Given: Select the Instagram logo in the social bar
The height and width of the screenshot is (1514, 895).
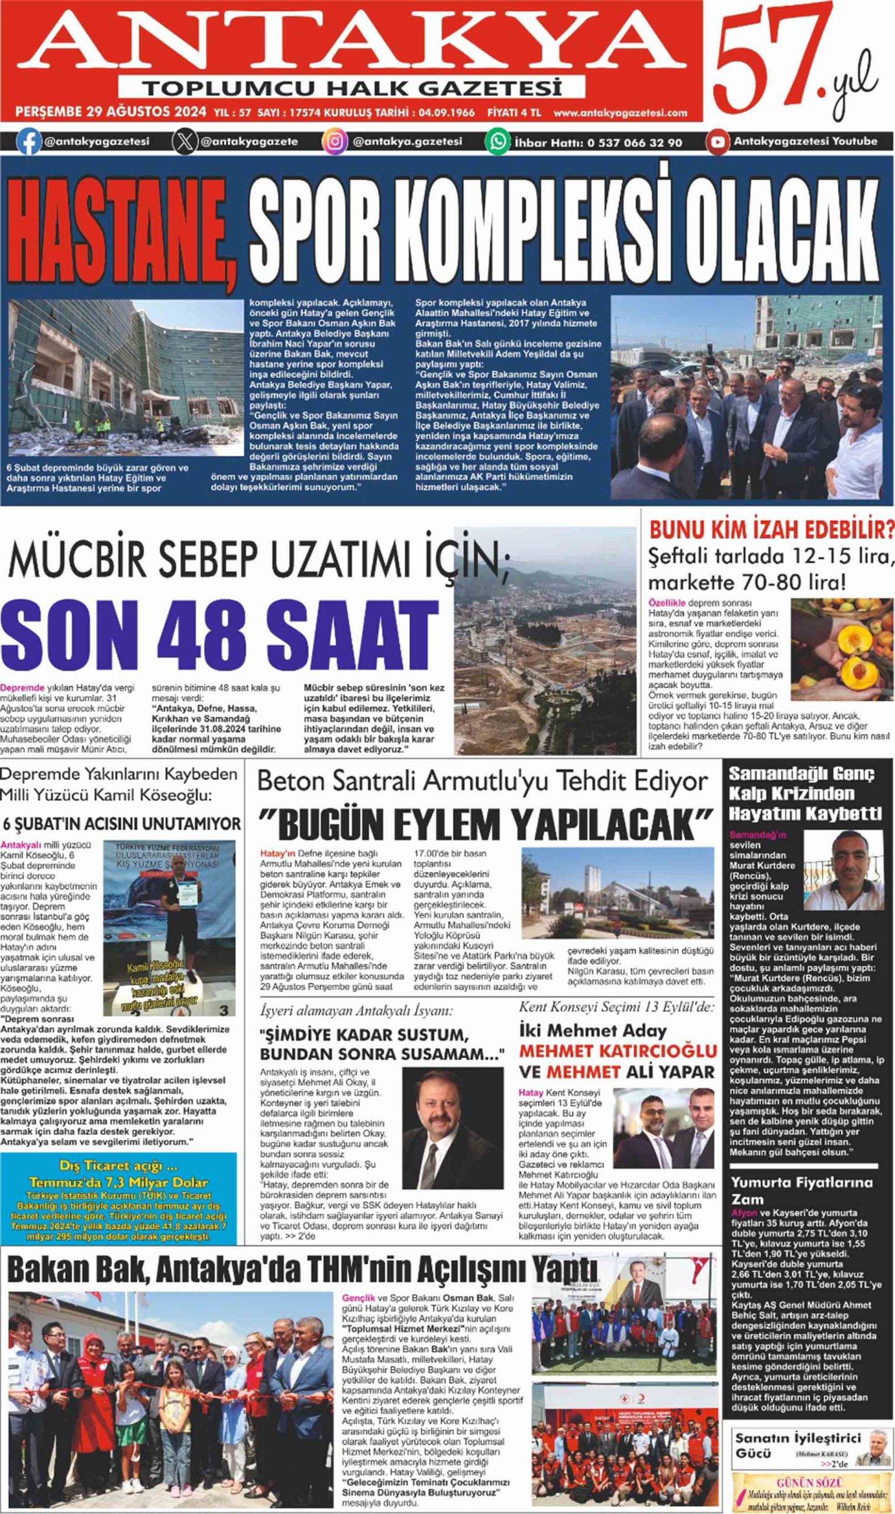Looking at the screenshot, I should [334, 143].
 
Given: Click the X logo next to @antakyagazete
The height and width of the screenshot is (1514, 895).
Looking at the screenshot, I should [185, 143].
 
